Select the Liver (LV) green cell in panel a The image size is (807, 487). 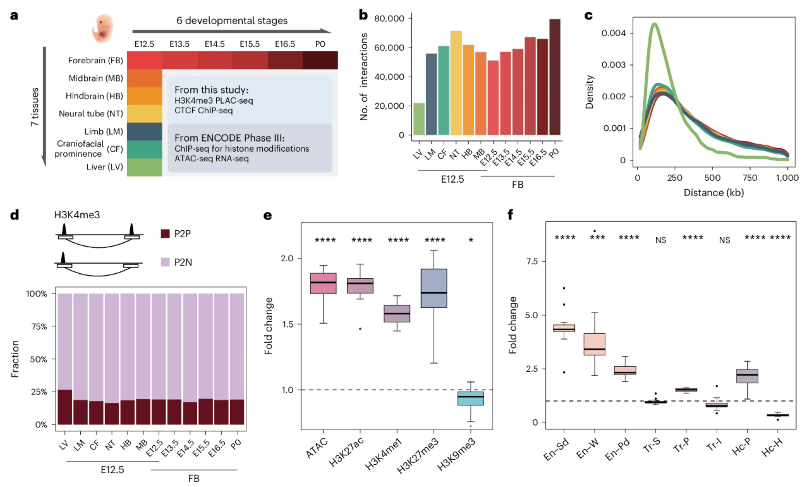[145, 167]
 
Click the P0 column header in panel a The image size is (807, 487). [319, 44]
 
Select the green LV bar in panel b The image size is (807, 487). [419, 119]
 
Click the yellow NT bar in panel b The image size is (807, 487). [456, 83]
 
